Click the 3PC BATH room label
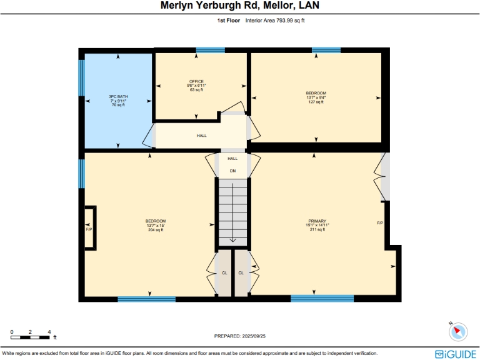tap(118, 96)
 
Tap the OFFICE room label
tap(197, 82)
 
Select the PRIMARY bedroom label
tap(317, 221)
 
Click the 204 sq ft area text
tap(156, 230)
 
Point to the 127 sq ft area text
tap(316, 102)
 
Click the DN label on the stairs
tap(232, 171)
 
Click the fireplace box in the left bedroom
tap(89, 229)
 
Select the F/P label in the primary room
tap(379, 223)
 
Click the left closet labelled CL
tap(224, 273)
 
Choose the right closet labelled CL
tap(241, 273)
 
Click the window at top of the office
tap(211, 50)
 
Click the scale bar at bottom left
tap(30, 337)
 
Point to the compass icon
tap(458, 331)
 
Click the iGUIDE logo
tap(456, 354)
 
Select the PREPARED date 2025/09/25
tap(240, 336)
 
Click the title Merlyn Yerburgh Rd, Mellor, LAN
tap(240, 7)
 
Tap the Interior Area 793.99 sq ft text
tap(275, 21)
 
